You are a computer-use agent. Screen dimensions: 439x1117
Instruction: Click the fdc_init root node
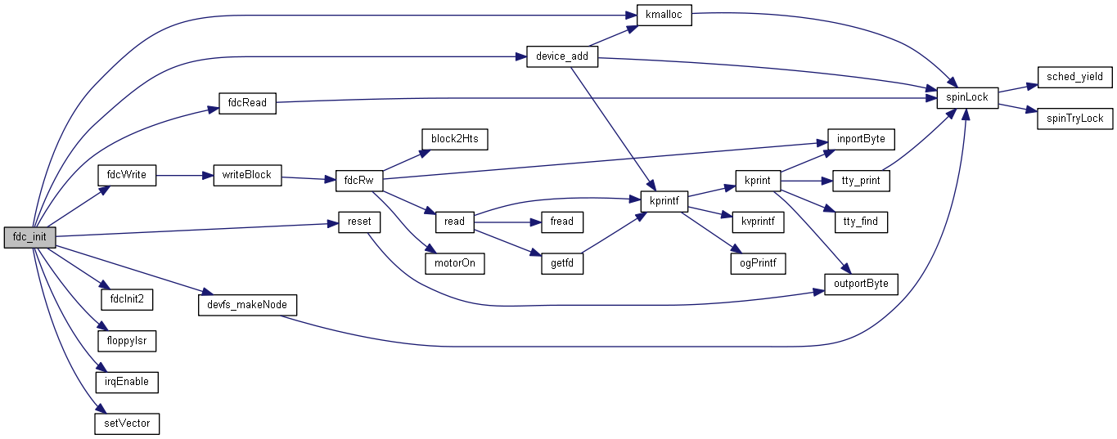coord(30,238)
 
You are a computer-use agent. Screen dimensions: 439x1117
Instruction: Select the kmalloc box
coord(664,16)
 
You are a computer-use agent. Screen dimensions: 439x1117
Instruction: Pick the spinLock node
coord(967,97)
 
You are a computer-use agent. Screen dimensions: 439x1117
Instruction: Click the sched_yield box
coord(1074,77)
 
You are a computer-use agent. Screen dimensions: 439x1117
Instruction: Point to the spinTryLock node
coord(1074,118)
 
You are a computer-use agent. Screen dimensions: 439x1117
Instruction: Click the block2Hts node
coord(454,139)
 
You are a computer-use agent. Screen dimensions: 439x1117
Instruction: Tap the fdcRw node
coord(360,181)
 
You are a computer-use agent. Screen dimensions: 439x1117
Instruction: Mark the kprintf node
coord(664,199)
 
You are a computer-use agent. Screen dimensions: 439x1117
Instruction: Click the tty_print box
coord(860,180)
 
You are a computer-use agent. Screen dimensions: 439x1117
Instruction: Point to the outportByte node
coord(860,284)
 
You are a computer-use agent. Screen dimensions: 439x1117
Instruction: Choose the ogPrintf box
coord(758,263)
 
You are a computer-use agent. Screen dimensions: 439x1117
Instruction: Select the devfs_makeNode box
coord(248,304)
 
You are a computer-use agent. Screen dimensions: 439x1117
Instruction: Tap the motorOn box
coord(454,263)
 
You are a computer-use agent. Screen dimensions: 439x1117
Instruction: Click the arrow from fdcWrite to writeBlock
coord(184,175)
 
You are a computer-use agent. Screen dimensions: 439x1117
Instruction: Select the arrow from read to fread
coord(507,222)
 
